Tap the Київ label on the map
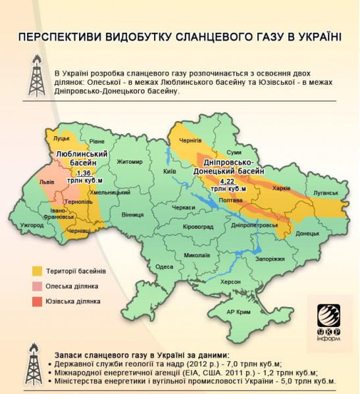[169, 171]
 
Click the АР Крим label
[239, 311]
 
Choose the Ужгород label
[32, 225]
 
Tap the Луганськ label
[326, 193]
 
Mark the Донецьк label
[307, 234]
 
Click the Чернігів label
[190, 141]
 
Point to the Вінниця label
[132, 214]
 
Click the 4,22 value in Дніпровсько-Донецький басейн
[228, 181]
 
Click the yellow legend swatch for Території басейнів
[38, 270]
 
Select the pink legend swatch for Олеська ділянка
[38, 286]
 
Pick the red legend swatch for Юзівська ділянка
[38, 301]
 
